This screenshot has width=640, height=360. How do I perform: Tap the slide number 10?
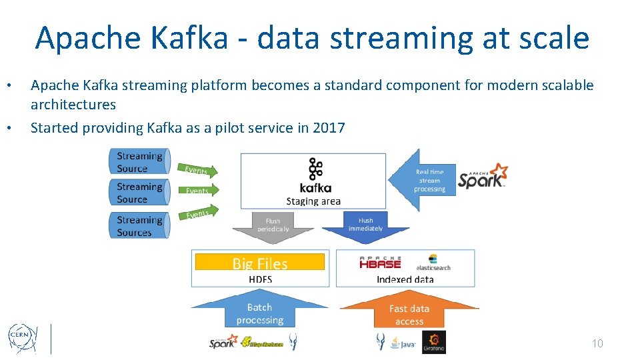click(x=597, y=343)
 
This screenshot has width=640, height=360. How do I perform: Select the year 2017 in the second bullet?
click(x=329, y=127)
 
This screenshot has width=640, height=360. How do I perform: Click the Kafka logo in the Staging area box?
click(x=315, y=177)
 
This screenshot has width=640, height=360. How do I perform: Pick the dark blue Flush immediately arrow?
click(x=365, y=227)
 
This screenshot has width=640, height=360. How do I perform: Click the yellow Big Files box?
click(x=260, y=263)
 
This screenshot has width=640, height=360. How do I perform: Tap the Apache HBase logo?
click(x=380, y=263)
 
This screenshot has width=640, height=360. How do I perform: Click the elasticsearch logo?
click(x=433, y=263)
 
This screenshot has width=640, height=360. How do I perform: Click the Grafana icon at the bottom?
click(x=434, y=342)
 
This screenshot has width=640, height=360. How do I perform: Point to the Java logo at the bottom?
click(x=403, y=343)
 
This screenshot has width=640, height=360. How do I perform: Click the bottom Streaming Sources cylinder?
click(x=139, y=226)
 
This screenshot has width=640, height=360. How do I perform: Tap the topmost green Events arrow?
click(x=198, y=171)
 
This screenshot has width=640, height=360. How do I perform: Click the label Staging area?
click(x=313, y=201)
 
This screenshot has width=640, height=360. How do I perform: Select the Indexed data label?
click(x=405, y=279)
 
